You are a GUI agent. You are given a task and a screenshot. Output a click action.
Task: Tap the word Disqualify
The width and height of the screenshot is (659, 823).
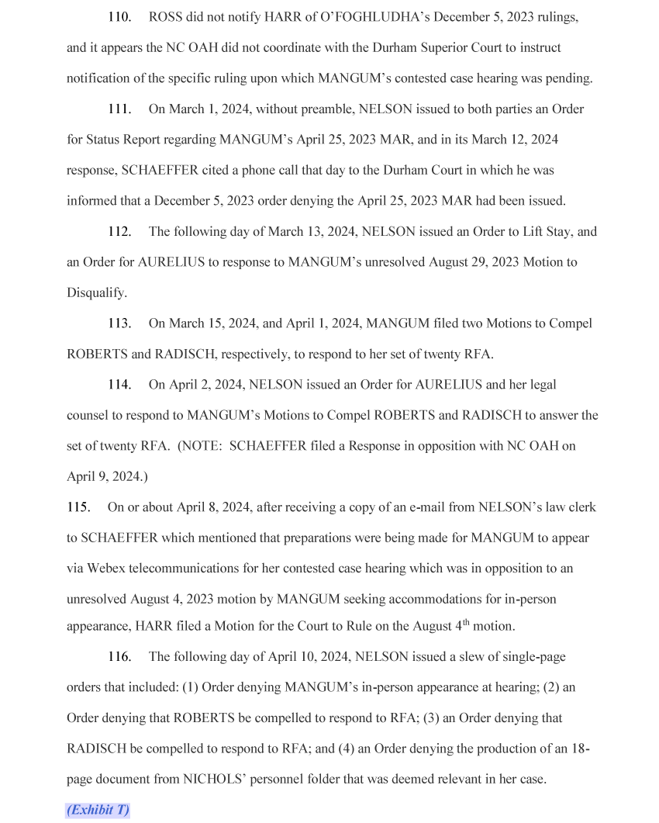(x=96, y=293)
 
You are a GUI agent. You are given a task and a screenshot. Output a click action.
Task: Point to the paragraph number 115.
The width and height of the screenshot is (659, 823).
(x=78, y=507)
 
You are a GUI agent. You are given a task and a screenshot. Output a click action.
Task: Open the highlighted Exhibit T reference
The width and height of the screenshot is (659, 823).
(x=98, y=810)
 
